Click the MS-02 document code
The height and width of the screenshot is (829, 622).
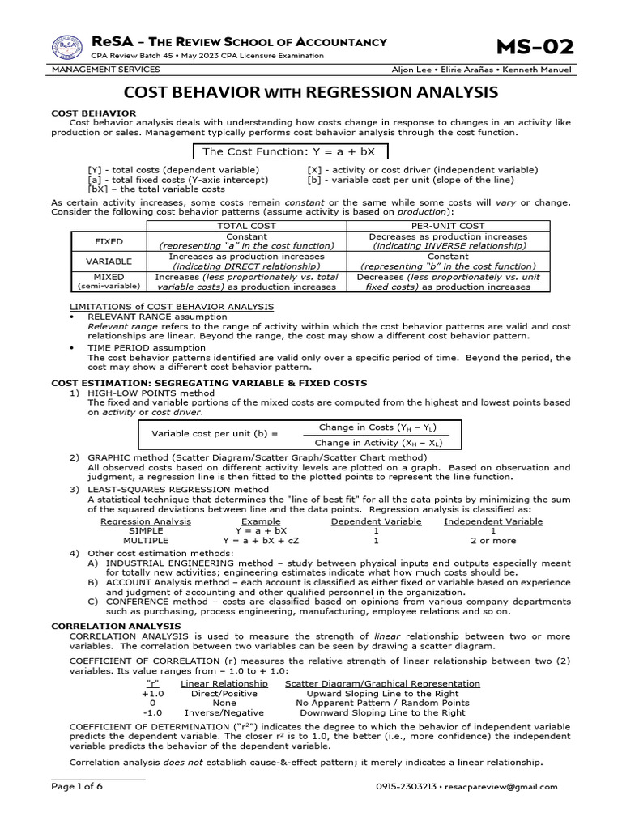tap(534, 47)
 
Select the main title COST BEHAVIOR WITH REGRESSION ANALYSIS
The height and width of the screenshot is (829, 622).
tap(310, 92)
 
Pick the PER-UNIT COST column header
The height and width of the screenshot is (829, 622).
tap(449, 226)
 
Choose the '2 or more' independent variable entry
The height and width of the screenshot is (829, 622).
tap(492, 540)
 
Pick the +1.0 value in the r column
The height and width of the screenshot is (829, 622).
tap(152, 694)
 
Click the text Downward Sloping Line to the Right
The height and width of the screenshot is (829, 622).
tap(386, 713)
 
